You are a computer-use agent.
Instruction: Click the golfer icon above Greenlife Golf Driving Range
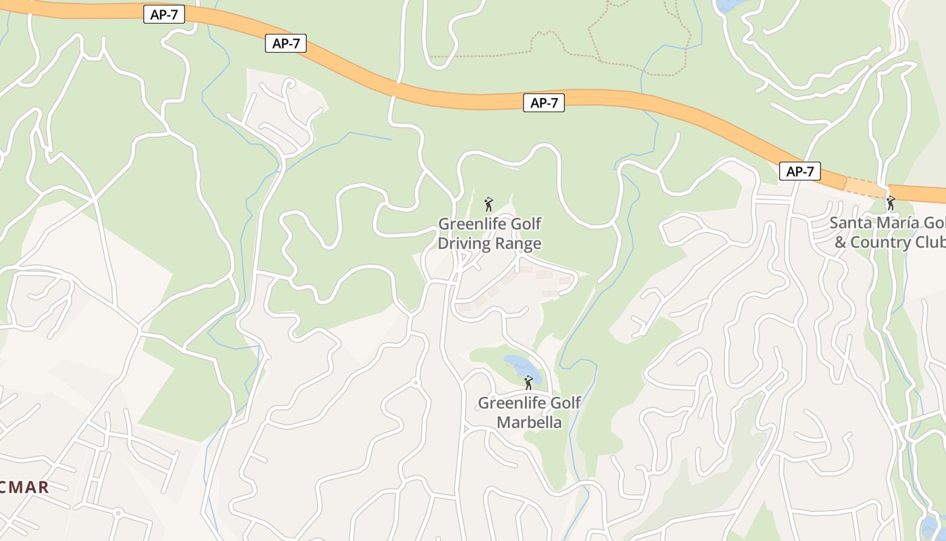489,204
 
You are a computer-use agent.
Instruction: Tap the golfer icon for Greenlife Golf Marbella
528,383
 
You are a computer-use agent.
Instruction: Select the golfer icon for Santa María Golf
891,202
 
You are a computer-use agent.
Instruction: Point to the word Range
518,243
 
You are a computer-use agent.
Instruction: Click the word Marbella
529,423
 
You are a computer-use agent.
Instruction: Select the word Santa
849,222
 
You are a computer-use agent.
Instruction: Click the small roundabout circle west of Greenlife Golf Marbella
415,383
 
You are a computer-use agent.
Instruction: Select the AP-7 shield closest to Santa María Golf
800,172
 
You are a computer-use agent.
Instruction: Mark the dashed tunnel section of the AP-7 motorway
865,186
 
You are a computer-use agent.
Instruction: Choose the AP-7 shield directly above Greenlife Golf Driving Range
543,103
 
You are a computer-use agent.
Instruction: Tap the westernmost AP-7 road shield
164,14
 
